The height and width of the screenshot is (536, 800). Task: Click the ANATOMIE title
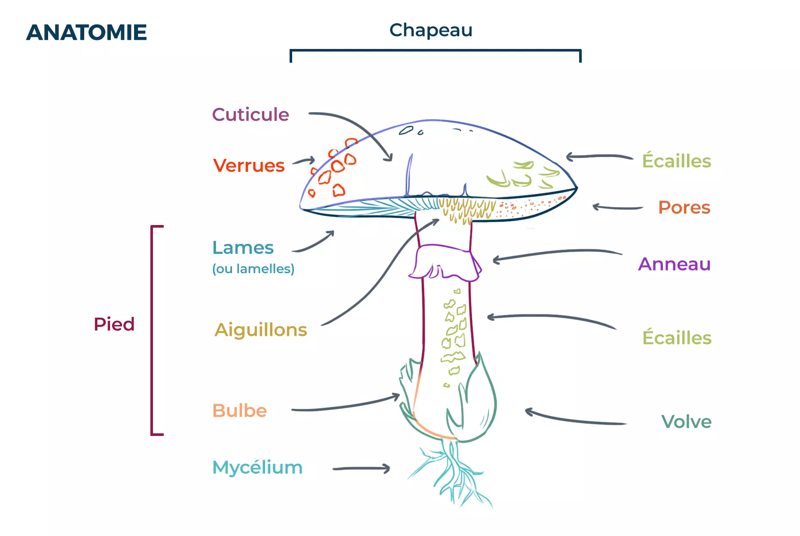[86, 33]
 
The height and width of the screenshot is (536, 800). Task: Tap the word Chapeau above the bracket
[431, 30]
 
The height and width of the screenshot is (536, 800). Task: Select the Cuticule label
[250, 115]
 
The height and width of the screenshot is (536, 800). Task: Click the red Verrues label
[249, 166]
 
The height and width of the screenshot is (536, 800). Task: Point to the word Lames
[243, 248]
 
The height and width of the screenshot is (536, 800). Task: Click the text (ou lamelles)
[253, 269]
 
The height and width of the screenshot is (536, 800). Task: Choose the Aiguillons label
[261, 330]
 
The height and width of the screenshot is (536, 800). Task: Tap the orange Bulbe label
[240, 411]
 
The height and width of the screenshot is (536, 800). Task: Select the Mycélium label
[257, 467]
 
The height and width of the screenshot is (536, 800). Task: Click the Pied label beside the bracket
[114, 324]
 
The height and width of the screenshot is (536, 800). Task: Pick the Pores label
[684, 207]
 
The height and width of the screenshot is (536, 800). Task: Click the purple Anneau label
[674, 264]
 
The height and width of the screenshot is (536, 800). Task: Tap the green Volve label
[686, 422]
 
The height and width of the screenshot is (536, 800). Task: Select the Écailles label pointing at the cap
[676, 161]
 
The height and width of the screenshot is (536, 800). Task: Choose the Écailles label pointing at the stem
[677, 338]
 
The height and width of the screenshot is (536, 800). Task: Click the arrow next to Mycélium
[361, 469]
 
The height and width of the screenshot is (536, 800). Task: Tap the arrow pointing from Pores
[617, 208]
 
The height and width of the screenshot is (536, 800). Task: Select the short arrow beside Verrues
[304, 161]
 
